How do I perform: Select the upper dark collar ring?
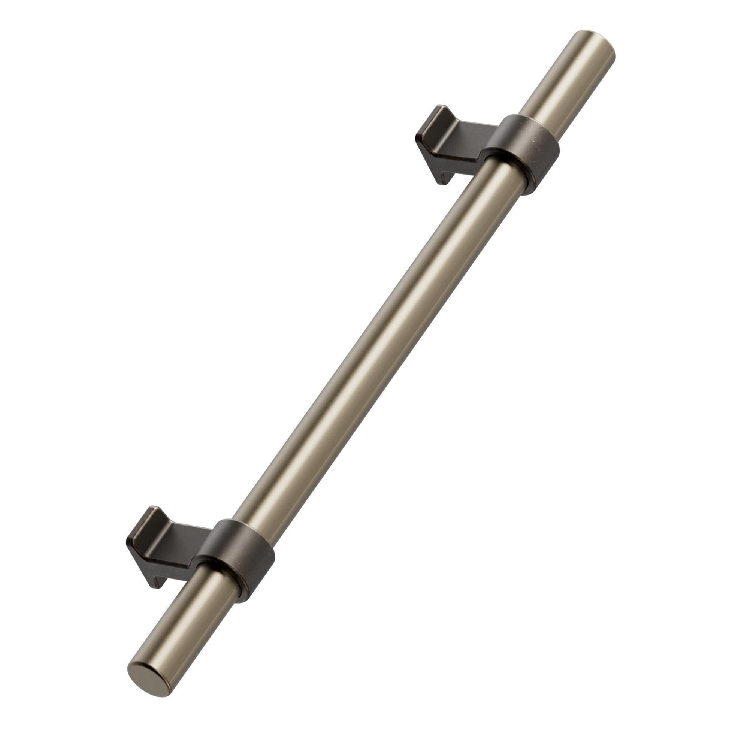click(524, 151)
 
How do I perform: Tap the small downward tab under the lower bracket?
click(157, 581)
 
